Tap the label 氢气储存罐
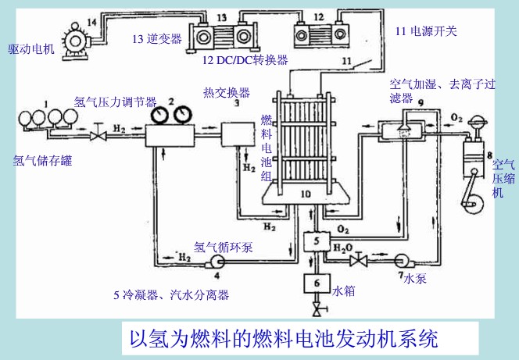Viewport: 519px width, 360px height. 43,162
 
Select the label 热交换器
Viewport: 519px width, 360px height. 226,92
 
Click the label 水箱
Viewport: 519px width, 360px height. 345,290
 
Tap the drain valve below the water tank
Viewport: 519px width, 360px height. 317,312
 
